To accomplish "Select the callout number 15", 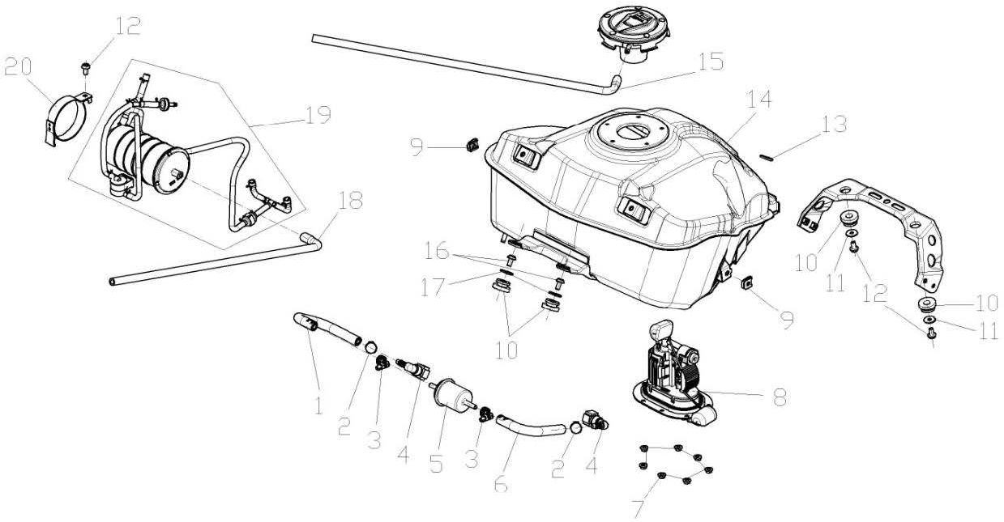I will (711, 63).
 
